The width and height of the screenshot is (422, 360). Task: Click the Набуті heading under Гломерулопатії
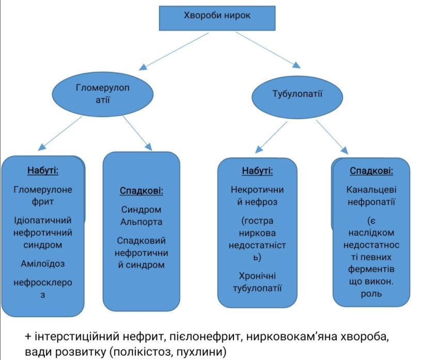coord(43,170)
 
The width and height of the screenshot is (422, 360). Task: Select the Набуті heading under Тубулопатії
coord(257,171)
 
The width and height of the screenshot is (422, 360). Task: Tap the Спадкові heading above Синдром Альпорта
coord(142,191)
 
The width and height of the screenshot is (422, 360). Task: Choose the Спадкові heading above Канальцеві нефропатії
coord(371,171)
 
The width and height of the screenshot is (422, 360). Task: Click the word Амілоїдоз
coord(43,263)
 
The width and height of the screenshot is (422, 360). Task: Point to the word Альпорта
coord(142,222)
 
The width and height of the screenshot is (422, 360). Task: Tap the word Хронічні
coord(257,276)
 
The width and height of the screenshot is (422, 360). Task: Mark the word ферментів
coord(371,269)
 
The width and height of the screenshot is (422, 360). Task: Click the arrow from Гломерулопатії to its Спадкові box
coord(137,133)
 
